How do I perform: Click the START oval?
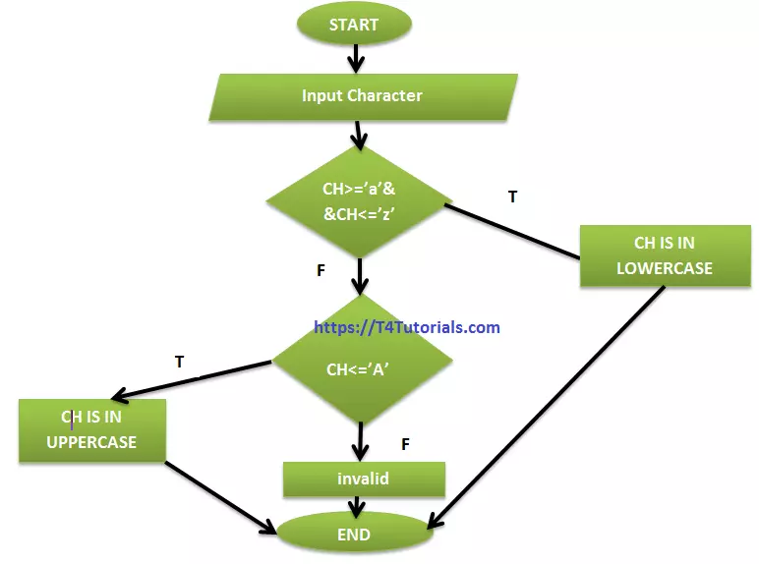(x=354, y=25)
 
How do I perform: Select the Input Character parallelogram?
(x=362, y=96)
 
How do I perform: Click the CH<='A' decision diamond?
(x=360, y=369)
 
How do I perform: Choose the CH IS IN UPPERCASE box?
(x=91, y=430)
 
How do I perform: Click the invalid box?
(x=363, y=479)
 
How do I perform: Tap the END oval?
(x=354, y=535)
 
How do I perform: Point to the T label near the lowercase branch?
(x=512, y=197)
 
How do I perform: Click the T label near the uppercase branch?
(x=179, y=362)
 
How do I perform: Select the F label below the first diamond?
(x=321, y=270)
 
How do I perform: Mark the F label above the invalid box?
(x=404, y=445)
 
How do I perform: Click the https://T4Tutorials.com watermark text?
(x=407, y=328)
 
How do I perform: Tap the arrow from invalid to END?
(x=355, y=506)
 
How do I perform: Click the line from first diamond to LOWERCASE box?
(x=511, y=231)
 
